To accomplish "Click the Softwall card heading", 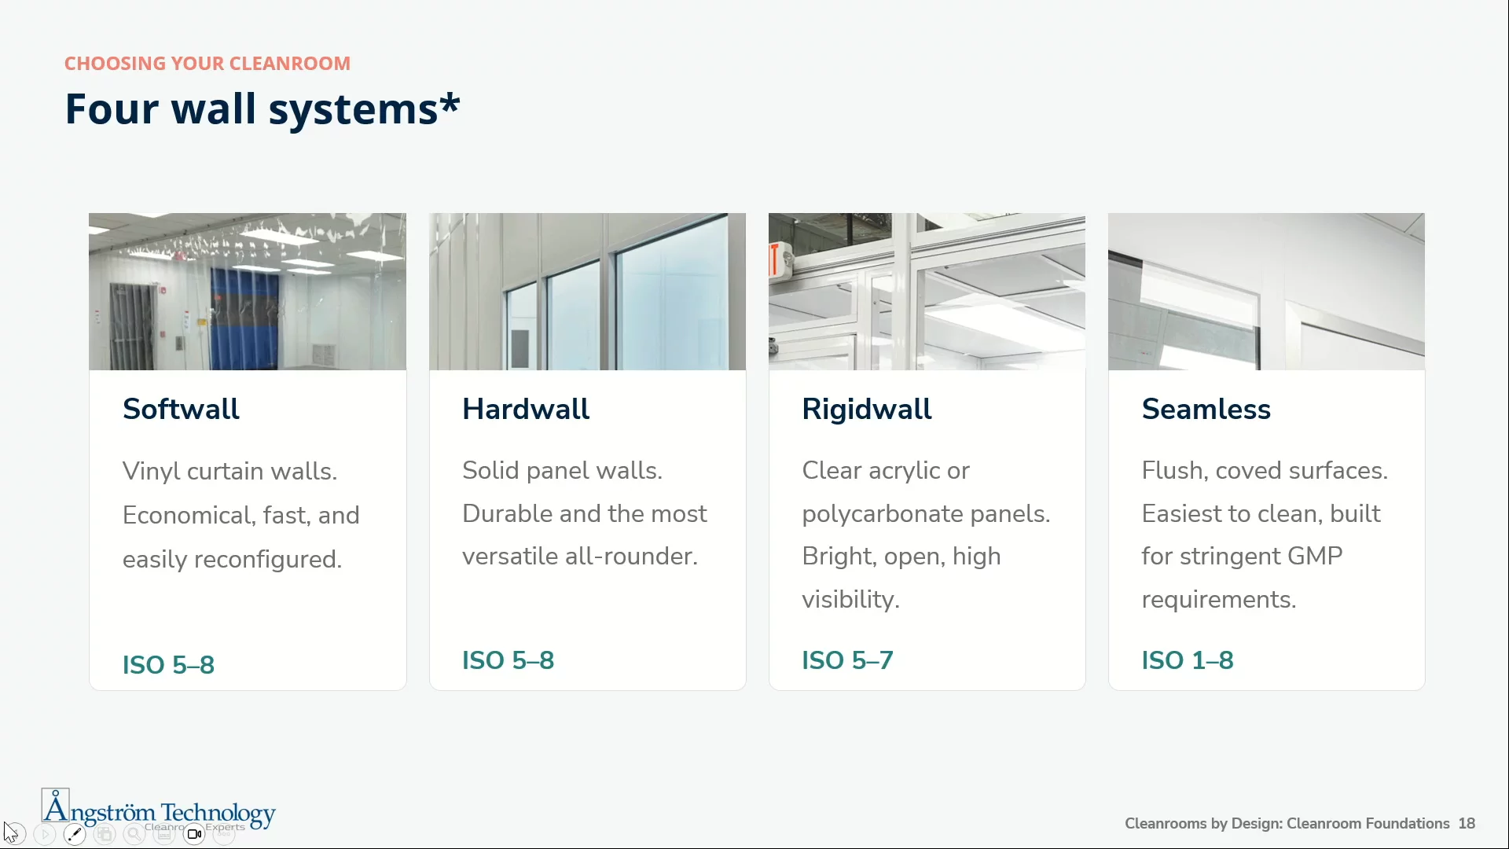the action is (181, 409).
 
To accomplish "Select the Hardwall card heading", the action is (526, 409).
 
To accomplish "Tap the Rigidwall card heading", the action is (866, 409).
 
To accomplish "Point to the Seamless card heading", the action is (1206, 409).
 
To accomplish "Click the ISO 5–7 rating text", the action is (847, 660).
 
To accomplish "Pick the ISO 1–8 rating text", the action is (1188, 660).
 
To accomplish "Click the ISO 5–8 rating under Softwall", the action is (168, 665).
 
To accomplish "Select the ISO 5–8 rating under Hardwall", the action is (508, 660).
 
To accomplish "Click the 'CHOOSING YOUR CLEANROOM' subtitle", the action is (207, 64).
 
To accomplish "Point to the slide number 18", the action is (1467, 823).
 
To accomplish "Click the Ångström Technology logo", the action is (159, 810).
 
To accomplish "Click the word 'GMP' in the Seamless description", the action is (1315, 557).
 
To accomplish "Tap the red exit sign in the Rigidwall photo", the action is (776, 260).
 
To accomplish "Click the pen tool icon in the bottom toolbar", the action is (75, 834).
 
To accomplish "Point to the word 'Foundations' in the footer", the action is (1408, 823).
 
